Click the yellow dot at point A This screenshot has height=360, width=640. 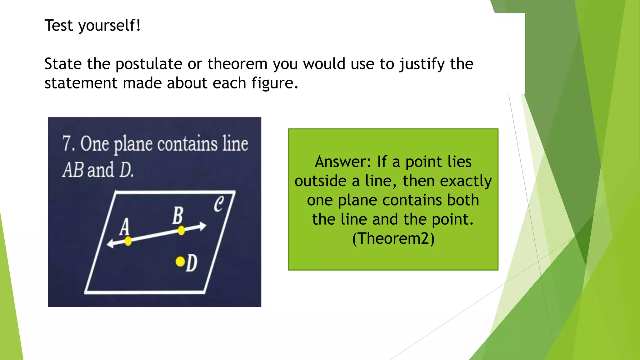coord(128,241)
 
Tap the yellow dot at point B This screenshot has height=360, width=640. coord(181,231)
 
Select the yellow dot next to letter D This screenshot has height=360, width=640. coord(180,261)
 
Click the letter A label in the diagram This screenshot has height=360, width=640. coord(124,227)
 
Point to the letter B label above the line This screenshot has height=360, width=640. coord(177,215)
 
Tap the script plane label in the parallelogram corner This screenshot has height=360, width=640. coord(219,204)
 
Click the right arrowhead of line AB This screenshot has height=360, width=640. coord(203,226)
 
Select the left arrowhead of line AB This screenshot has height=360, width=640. coord(110,244)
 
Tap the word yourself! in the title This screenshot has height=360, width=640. coord(109,26)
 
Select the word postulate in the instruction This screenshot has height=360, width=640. coord(149,64)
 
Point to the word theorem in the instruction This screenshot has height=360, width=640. coord(237,64)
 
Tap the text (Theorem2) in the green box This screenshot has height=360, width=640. coord(393,238)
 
